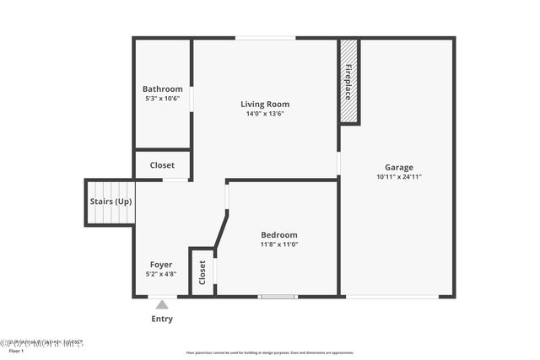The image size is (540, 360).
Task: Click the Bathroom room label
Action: (x=162, y=89)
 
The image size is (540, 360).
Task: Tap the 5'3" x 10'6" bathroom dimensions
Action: (x=162, y=98)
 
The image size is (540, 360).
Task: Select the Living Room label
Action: (x=265, y=105)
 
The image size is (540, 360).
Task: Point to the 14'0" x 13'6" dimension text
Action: (x=265, y=114)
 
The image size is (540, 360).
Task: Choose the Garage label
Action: (x=399, y=167)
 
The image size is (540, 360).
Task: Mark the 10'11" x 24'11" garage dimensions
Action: (x=399, y=177)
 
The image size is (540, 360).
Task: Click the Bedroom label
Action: (x=279, y=235)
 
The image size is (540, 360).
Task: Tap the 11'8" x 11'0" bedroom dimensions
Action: (x=279, y=244)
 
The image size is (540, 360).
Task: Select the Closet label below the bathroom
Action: (x=162, y=165)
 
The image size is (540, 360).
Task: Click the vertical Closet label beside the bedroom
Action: (x=202, y=271)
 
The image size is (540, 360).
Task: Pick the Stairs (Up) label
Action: (x=111, y=201)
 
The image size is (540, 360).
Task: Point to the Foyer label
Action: (x=161, y=265)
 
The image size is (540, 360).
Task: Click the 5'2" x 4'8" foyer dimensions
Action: (x=161, y=274)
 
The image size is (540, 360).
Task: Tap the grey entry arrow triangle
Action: (x=162, y=304)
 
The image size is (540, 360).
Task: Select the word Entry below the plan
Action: (x=162, y=319)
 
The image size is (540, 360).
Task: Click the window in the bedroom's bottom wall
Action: (x=278, y=296)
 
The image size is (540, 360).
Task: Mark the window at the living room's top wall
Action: (x=265, y=38)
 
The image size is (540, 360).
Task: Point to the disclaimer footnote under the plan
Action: (x=270, y=352)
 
